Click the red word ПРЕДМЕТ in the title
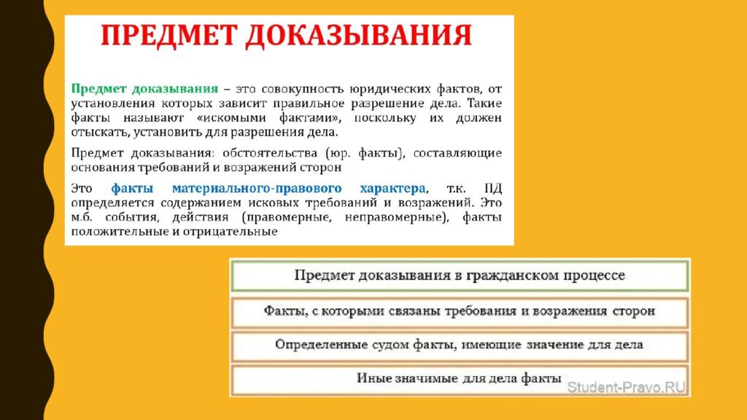tap(169, 35)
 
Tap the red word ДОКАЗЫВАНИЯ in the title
tap(359, 35)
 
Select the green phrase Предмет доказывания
tap(145, 89)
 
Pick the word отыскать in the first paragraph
tap(99, 132)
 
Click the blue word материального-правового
tap(257, 189)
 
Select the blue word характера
tap(392, 189)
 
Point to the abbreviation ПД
tap(493, 188)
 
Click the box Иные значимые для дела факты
tap(460, 380)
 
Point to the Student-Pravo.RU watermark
tap(625, 387)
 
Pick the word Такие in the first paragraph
tap(484, 104)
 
